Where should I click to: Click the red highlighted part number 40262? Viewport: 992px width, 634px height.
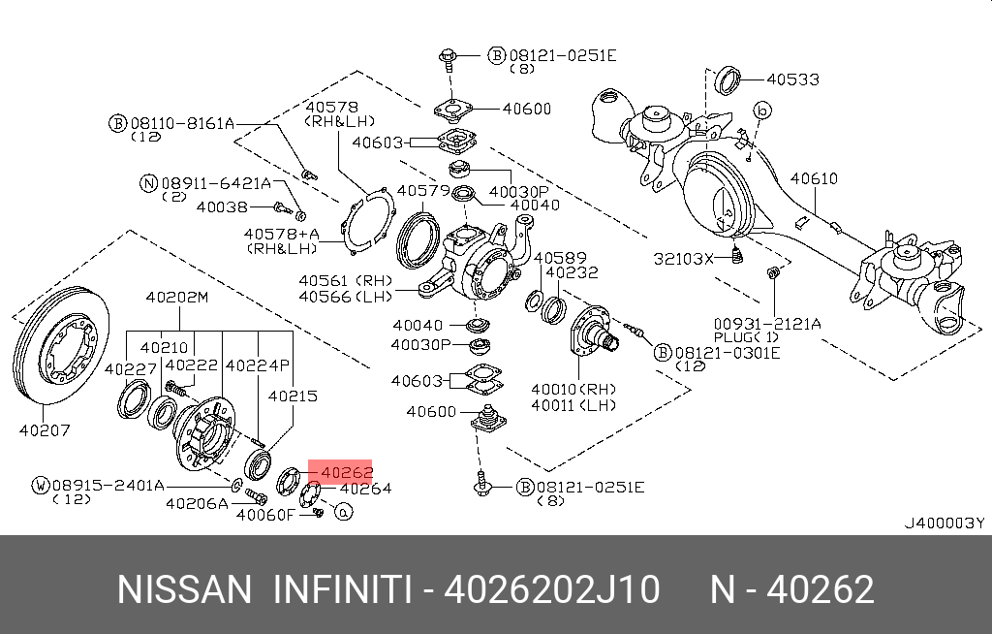(346, 473)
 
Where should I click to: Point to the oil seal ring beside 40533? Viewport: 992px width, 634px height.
(729, 81)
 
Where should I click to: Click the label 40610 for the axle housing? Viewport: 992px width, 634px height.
(814, 179)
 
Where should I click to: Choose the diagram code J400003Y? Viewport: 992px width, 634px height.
(944, 523)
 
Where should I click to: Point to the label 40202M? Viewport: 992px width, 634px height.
(176, 298)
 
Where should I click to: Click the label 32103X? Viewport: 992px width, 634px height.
(684, 258)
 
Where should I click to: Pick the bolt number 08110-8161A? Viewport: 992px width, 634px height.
(182, 123)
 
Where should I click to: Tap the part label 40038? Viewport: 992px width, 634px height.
(222, 206)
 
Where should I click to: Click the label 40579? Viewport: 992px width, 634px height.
(423, 190)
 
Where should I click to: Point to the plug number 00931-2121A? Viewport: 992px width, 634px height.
(767, 323)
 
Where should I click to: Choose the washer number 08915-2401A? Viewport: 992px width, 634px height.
(108, 485)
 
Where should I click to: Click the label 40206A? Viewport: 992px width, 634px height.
(197, 503)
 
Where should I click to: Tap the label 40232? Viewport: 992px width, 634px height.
(572, 273)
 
